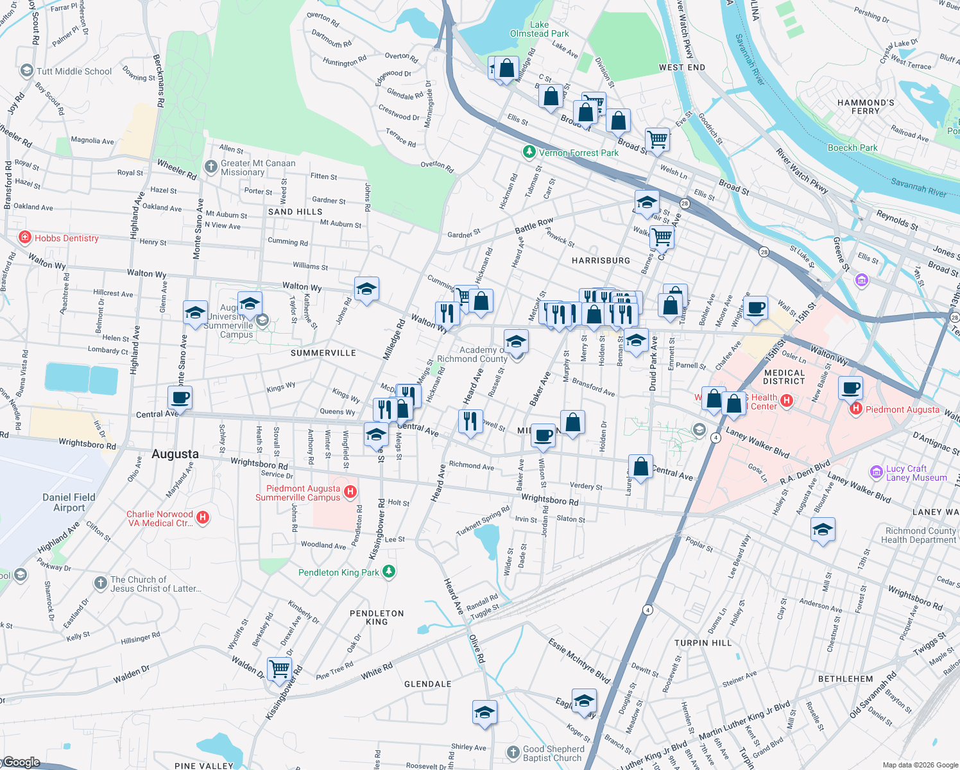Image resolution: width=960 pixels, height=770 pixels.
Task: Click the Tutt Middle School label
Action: click(74, 71)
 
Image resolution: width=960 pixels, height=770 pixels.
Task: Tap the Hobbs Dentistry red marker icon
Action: click(25, 238)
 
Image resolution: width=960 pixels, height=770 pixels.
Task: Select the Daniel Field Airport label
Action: click(69, 502)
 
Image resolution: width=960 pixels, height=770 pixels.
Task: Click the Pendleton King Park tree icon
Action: click(388, 571)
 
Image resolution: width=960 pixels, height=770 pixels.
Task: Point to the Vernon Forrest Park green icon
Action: click(529, 152)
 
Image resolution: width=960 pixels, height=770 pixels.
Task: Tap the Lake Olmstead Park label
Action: click(539, 29)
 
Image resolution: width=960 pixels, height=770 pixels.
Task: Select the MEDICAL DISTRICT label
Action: click(784, 377)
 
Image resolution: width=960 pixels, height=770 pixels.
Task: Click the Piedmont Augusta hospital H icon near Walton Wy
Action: click(855, 409)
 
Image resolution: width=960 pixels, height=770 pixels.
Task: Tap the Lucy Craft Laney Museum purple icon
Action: click(876, 473)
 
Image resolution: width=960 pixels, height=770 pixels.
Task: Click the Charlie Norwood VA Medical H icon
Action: click(203, 517)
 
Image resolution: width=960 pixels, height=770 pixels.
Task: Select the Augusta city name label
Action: click(175, 454)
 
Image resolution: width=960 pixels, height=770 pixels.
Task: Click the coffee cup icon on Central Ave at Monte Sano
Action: click(180, 397)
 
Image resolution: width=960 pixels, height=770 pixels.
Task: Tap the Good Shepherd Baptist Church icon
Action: click(513, 752)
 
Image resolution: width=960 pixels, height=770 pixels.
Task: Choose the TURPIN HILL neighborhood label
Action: click(703, 642)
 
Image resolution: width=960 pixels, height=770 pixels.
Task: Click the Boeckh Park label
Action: click(852, 148)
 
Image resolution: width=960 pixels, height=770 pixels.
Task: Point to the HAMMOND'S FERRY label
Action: click(866, 107)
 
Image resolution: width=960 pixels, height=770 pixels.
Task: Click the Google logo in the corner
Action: click(22, 762)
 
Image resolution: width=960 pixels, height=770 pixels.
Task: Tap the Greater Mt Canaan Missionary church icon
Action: click(211, 167)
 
